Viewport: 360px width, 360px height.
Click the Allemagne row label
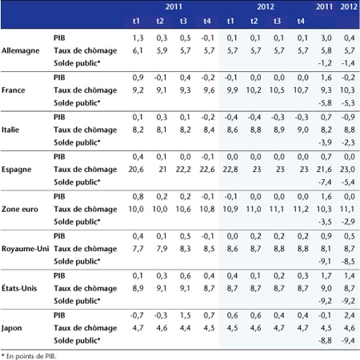click(21, 50)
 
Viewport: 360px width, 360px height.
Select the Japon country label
click(12, 328)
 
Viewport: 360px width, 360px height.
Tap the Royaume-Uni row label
click(26, 249)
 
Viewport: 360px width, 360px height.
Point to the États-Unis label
click(19, 288)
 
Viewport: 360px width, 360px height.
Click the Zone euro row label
click(20, 209)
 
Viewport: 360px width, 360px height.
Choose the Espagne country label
click(17, 170)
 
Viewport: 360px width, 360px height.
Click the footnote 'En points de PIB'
click(29, 356)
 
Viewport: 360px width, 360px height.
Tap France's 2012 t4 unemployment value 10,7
click(301, 90)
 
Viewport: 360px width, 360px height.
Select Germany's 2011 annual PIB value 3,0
click(326, 38)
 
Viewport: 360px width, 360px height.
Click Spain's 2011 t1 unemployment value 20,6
click(136, 170)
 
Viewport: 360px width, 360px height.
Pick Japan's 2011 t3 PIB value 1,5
click(185, 315)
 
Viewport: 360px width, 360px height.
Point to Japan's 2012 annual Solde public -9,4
click(348, 341)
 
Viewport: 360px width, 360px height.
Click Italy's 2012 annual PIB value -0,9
click(348, 117)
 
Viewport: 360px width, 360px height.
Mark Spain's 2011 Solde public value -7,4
click(325, 182)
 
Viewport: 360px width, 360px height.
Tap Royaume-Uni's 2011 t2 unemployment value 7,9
click(162, 249)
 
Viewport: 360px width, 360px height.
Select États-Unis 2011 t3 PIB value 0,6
click(185, 275)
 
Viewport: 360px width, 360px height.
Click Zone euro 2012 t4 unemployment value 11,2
click(301, 209)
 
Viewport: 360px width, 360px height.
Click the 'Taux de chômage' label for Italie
click(86, 130)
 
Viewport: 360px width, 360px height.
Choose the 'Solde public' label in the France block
click(77, 103)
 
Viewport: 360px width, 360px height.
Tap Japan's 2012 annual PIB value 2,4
click(350, 315)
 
